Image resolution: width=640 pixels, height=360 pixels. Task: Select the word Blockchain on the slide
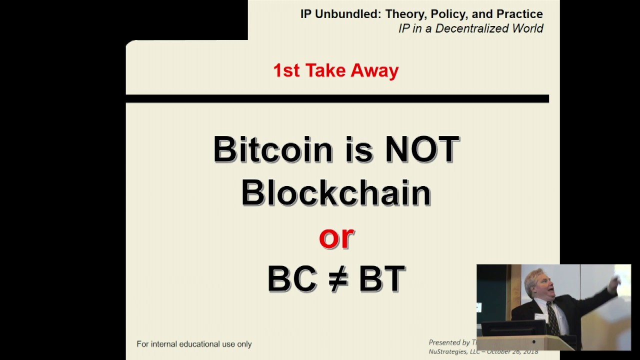(336, 193)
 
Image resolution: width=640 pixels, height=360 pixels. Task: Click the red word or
(336, 237)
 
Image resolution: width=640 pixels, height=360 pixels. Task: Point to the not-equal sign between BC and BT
(338, 279)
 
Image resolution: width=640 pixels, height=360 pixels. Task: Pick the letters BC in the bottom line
(292, 279)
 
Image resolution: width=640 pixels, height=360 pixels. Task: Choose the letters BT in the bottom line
(382, 279)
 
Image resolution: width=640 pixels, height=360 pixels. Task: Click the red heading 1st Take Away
(336, 70)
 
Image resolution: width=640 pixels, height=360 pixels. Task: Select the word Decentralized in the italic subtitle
(471, 28)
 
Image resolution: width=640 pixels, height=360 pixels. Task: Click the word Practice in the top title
(519, 14)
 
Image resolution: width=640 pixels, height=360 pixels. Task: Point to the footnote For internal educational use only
(194, 344)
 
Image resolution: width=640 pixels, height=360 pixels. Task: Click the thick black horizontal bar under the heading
(337, 98)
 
